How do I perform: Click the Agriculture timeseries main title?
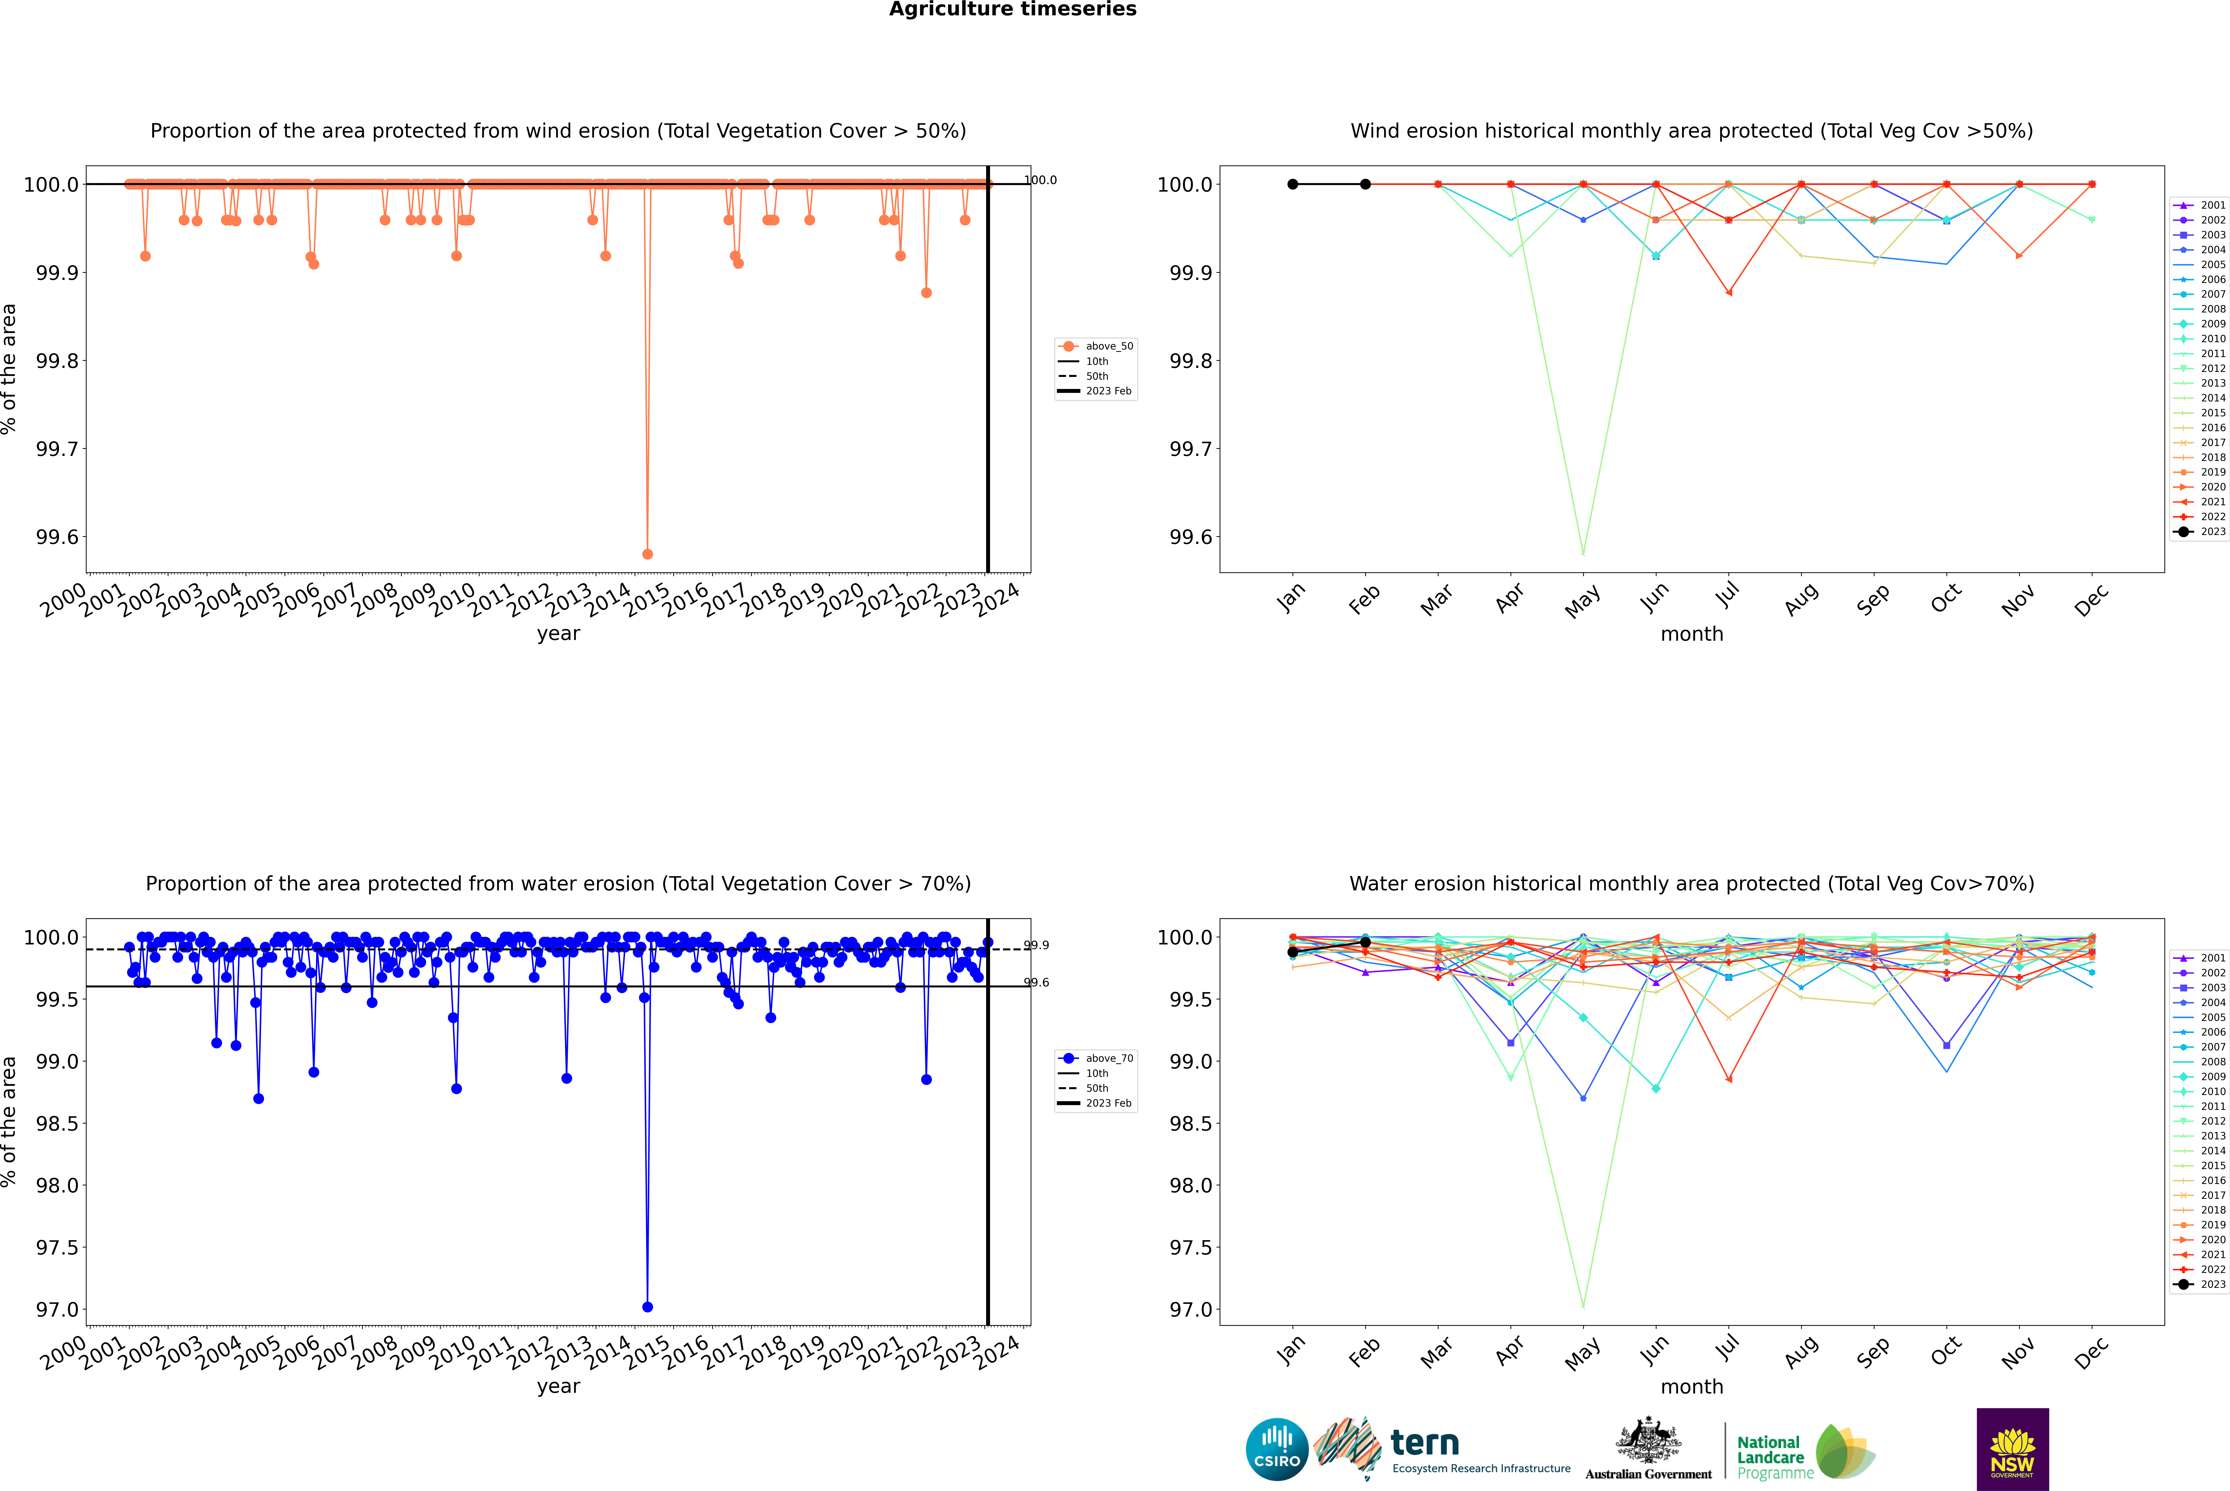[x=1012, y=9]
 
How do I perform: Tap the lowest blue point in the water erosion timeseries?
[x=647, y=1306]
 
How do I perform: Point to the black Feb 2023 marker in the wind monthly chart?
[x=1365, y=185]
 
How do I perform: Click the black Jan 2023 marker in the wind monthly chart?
[x=1293, y=185]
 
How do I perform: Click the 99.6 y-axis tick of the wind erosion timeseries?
[x=57, y=537]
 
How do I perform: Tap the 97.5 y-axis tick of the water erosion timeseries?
[x=57, y=1247]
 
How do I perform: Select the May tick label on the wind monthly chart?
[x=1582, y=601]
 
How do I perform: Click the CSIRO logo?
[x=1277, y=1449]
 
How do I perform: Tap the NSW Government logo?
[x=2012, y=1449]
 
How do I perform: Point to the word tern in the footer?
[x=1424, y=1443]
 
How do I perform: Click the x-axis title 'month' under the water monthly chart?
[x=1691, y=1386]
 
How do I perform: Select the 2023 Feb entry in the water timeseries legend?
[x=1108, y=1103]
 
